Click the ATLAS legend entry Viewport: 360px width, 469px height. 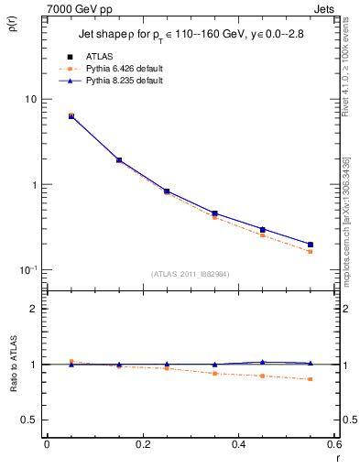coord(98,56)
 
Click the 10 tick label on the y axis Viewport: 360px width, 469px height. coord(29,99)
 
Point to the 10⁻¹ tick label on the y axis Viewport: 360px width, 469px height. coord(27,270)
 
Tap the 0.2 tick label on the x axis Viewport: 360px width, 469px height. coord(142,446)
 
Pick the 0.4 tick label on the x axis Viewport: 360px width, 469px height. coord(238,446)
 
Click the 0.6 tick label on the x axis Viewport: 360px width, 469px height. coord(333,446)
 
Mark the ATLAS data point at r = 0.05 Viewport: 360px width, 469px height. coord(71,116)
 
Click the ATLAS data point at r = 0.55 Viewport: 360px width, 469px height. coord(311,245)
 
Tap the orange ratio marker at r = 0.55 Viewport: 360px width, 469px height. coord(311,379)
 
